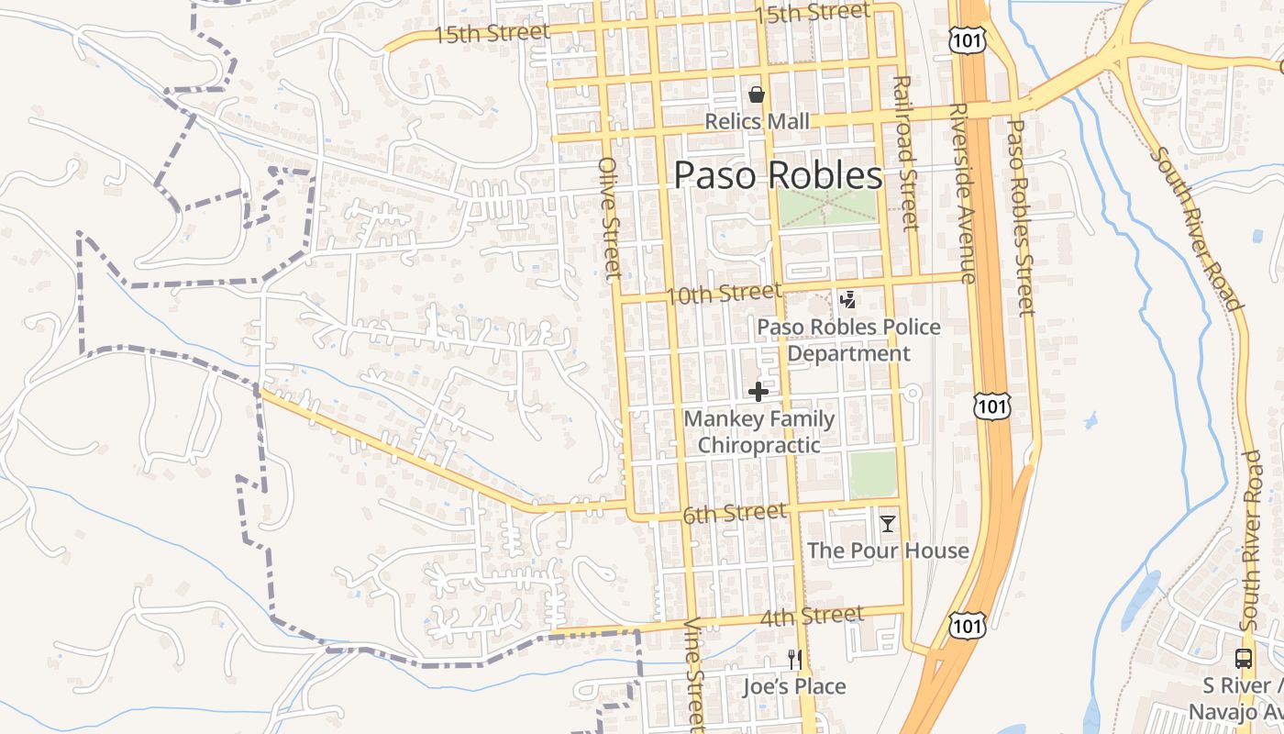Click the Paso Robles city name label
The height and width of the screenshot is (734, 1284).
coord(779,175)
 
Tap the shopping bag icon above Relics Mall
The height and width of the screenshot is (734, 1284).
coord(757,94)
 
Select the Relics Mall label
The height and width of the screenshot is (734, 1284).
coord(757,121)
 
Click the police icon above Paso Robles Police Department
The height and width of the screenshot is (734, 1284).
coord(848,300)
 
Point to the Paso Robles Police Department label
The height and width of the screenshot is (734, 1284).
coord(848,340)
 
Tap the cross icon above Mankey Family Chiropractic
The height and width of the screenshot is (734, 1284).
coord(758,393)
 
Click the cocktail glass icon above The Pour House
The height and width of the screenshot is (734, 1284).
coord(887,524)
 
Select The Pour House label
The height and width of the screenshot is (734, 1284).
coord(888,550)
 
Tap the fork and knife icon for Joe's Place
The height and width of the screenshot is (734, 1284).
coord(794,659)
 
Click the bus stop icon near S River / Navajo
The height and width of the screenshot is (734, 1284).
coord(1244,658)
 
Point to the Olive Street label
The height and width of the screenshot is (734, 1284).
coord(610,217)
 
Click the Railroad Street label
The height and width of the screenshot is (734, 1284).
coord(905,153)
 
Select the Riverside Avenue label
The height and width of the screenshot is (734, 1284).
coord(959,193)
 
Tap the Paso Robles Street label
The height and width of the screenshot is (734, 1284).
coord(1020,217)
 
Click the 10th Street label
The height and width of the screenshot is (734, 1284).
coord(724,295)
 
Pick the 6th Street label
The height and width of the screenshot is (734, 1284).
coord(734,514)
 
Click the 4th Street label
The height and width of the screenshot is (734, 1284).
coord(811,616)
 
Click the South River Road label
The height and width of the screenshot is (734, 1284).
coord(1197,229)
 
